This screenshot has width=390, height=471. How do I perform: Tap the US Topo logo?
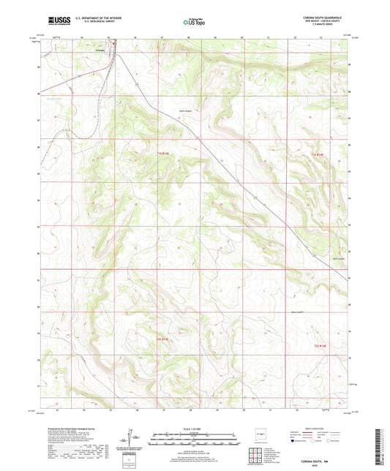coord(194,22)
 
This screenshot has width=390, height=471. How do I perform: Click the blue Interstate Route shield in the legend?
coord(294,441)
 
